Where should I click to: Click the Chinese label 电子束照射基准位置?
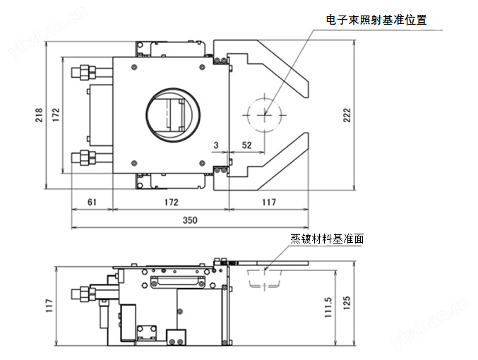(x=376, y=20)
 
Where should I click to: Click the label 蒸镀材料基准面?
(x=327, y=239)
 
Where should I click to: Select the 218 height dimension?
(x=39, y=115)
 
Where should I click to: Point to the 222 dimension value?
(x=347, y=115)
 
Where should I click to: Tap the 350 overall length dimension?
(x=190, y=220)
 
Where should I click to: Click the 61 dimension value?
(x=92, y=202)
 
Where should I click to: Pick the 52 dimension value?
(x=246, y=145)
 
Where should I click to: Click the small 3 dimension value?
(x=216, y=145)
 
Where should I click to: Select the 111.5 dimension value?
(x=328, y=308)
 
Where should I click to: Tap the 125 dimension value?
(x=347, y=303)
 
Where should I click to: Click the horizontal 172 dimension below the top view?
(x=171, y=202)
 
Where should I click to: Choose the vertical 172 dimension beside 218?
(x=56, y=115)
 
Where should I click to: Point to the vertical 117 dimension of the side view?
(x=49, y=306)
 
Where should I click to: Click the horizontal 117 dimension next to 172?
(x=269, y=202)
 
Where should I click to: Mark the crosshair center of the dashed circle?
(x=265, y=114)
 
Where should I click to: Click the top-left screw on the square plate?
(x=134, y=67)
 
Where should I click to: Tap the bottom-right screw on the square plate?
(x=202, y=164)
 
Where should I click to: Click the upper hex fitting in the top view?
(x=83, y=73)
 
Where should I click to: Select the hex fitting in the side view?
(x=83, y=294)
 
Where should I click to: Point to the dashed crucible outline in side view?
(x=264, y=279)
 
